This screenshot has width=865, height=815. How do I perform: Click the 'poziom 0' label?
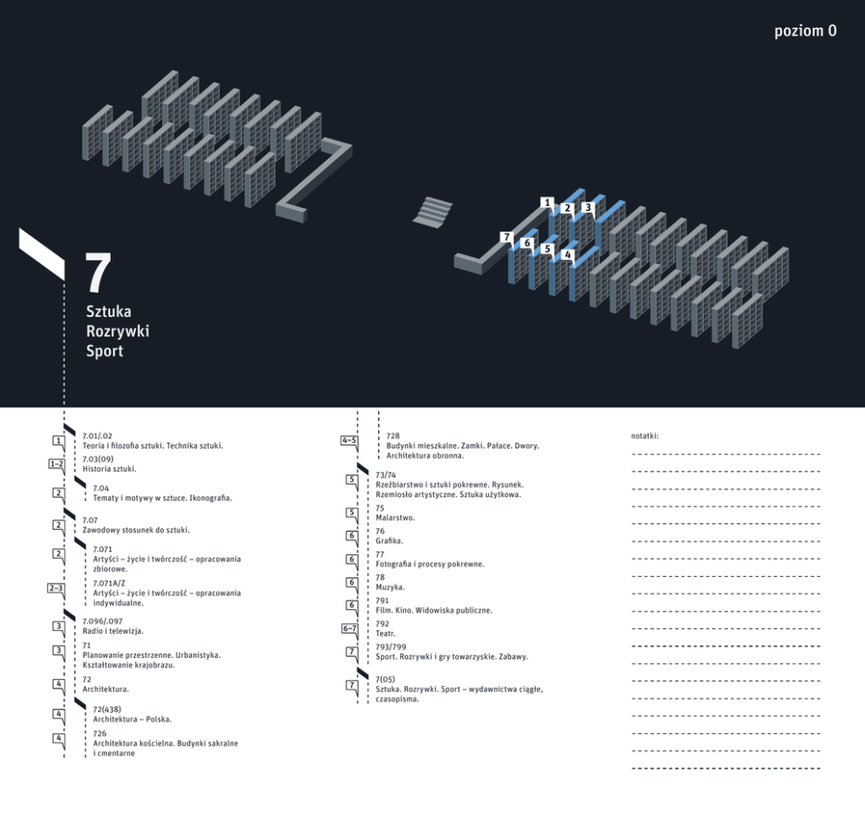click(805, 31)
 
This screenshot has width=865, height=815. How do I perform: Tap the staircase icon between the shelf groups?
click(432, 211)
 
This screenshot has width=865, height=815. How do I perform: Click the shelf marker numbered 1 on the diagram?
click(547, 203)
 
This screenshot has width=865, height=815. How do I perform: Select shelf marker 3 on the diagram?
click(588, 207)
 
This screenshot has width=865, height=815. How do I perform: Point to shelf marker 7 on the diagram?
click(507, 237)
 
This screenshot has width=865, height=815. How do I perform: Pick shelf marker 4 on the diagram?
click(568, 255)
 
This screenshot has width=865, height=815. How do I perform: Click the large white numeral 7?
click(99, 273)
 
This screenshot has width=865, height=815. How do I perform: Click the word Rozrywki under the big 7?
click(118, 331)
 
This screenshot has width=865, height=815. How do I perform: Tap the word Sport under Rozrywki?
click(105, 351)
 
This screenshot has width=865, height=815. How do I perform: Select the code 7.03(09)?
click(99, 458)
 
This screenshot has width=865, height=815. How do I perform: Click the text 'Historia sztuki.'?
click(109, 469)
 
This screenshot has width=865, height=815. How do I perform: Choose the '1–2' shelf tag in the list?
click(57, 465)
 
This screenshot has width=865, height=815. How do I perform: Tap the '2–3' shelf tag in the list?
click(56, 588)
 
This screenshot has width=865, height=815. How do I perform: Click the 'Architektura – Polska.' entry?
click(133, 719)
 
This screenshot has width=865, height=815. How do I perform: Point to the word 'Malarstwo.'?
click(395, 518)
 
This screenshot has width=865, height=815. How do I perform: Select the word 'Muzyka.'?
click(390, 587)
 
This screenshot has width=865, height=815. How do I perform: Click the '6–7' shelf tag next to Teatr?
click(350, 628)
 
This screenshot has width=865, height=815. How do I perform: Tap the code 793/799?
click(391, 647)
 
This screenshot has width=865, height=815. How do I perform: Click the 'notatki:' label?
click(645, 436)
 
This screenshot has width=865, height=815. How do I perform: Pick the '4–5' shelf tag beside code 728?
click(349, 440)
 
